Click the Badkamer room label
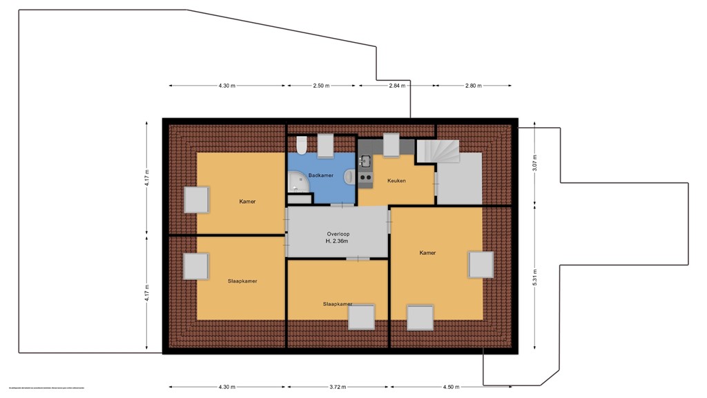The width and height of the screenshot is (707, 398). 321,176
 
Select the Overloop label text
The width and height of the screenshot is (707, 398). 338,234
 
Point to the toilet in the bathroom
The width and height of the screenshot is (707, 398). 301,146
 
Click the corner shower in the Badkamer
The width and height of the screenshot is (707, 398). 298,183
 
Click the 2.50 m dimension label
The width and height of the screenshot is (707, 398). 321,86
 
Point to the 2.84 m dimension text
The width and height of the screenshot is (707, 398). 396,86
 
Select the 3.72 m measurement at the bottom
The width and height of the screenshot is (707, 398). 338,387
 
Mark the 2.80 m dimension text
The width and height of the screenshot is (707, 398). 473,86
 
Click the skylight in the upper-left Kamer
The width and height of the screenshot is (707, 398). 196,200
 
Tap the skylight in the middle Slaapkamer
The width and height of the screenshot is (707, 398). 361,317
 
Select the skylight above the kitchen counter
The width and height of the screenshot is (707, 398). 391,146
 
